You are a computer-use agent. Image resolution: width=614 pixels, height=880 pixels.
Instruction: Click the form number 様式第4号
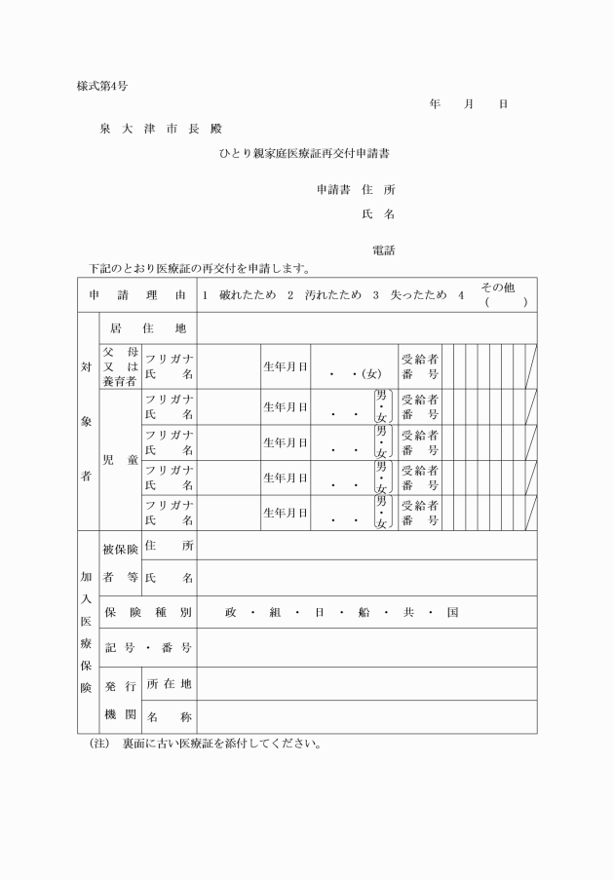(x=102, y=86)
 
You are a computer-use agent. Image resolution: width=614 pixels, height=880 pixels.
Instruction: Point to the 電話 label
(x=383, y=250)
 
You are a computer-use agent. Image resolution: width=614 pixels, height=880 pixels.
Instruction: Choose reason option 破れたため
(x=248, y=294)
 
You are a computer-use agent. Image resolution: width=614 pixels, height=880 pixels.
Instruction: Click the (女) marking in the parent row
(x=371, y=372)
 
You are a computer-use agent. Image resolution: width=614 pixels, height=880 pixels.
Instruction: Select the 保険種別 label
(x=147, y=612)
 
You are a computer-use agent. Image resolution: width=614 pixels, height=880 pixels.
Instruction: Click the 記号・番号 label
(x=147, y=647)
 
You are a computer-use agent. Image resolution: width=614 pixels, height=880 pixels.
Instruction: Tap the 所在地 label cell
(x=169, y=683)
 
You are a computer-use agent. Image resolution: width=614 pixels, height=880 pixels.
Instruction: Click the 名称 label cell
(x=169, y=717)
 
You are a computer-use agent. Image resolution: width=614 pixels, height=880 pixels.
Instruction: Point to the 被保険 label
(x=120, y=550)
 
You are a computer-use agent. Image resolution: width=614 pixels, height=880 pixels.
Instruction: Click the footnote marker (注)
(x=96, y=744)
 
